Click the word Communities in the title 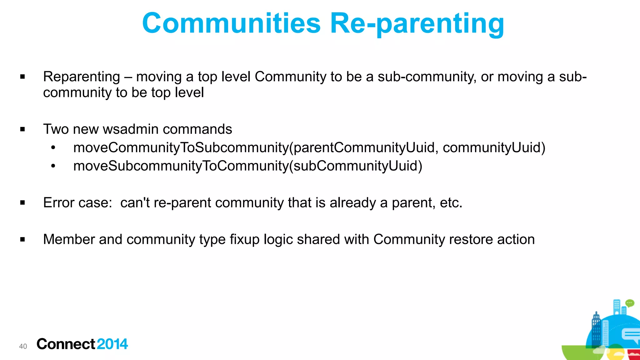[231, 23]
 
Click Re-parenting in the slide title [417, 23]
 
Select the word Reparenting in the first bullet [82, 77]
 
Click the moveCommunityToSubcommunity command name [181, 147]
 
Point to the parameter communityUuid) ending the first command [494, 147]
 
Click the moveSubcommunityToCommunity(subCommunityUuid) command [247, 166]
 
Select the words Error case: [77, 203]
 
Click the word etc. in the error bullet [451, 203]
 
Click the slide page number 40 [23, 346]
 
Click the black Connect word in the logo [66, 344]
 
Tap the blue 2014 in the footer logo [112, 344]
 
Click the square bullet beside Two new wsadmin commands [22, 129]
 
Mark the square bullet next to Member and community [22, 239]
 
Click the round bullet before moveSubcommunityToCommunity [53, 166]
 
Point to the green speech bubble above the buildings [630, 303]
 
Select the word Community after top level [290, 77]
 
